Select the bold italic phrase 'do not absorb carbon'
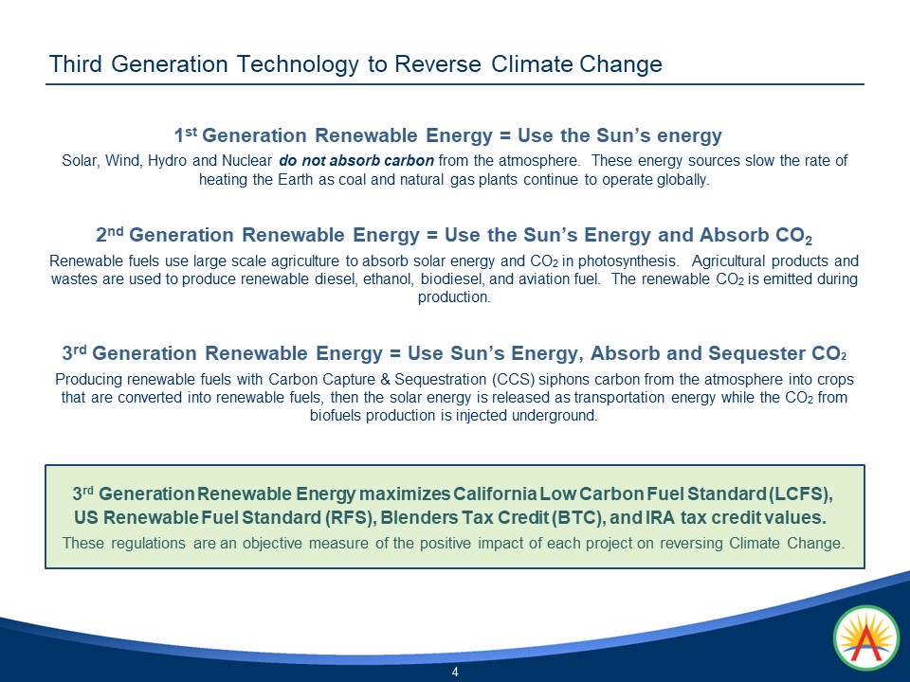[357, 161]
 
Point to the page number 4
[455, 673]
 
